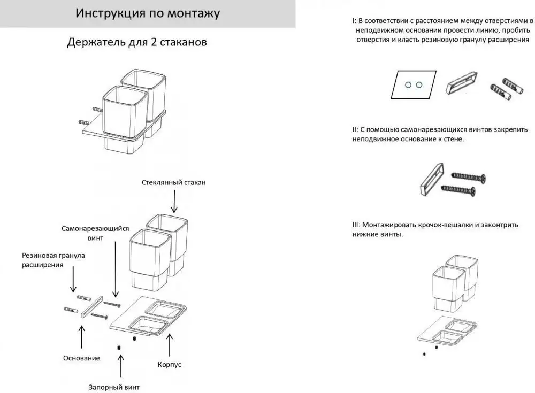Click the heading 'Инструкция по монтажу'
coord(147,13)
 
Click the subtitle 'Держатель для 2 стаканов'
coord(137,42)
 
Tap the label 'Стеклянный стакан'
coord(174,182)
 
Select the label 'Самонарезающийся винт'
coord(95,233)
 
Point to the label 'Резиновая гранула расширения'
coord(53,260)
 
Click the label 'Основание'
coord(81,358)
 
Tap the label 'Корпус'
coord(170,364)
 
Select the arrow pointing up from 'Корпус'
coord(170,344)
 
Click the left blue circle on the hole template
coord(408,84)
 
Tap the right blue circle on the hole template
coord(419,84)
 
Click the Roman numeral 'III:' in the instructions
coord(357,225)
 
